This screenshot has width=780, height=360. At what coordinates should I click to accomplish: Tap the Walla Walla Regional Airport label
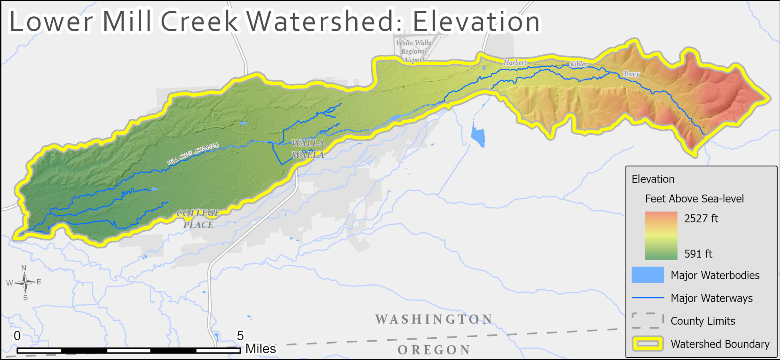(x=414, y=51)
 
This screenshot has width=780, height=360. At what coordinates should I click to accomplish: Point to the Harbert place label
(x=515, y=63)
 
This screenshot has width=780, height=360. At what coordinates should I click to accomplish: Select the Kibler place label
(x=578, y=64)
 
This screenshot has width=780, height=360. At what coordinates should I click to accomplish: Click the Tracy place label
(x=631, y=74)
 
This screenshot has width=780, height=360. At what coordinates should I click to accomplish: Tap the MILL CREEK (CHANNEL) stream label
(x=193, y=154)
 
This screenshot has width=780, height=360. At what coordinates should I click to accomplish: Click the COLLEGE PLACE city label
(x=198, y=219)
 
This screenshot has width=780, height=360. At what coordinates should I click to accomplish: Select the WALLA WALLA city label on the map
(x=308, y=149)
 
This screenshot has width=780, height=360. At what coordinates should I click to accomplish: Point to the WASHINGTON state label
(x=434, y=319)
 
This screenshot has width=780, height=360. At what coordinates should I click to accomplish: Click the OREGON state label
(x=434, y=350)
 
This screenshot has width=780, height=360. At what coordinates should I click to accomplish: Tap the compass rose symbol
(x=25, y=282)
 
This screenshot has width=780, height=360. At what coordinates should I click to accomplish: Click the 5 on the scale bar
(x=240, y=336)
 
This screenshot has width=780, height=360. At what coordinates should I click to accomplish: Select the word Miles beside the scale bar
(x=260, y=349)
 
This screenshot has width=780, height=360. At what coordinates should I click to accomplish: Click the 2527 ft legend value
(x=701, y=218)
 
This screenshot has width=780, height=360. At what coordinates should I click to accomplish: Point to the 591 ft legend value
(x=698, y=254)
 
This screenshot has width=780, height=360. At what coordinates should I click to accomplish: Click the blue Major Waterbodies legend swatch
(x=648, y=275)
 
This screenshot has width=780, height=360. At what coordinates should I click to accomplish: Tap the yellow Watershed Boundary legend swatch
(x=648, y=344)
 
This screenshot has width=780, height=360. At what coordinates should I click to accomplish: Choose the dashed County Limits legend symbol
(x=648, y=320)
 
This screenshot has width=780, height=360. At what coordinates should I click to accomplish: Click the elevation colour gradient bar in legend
(x=661, y=236)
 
